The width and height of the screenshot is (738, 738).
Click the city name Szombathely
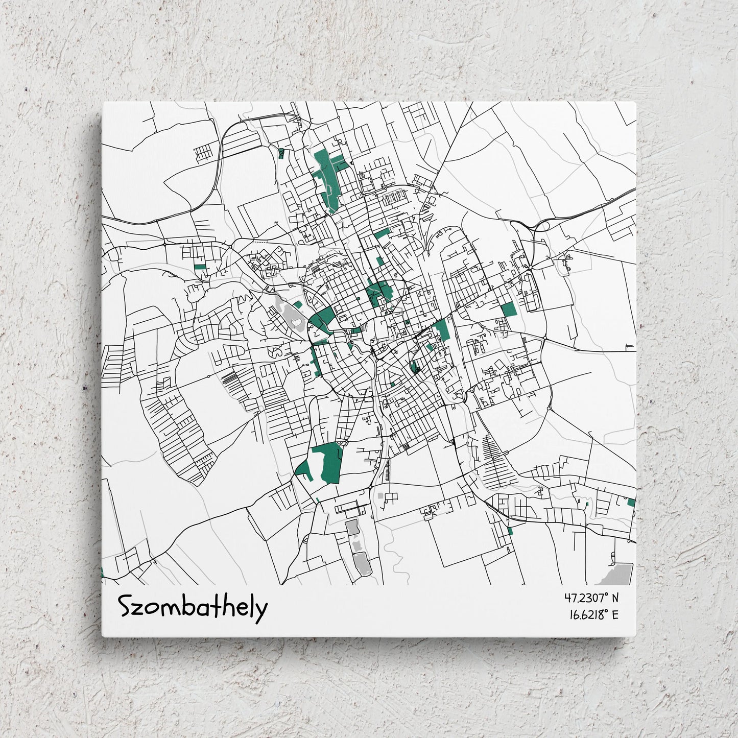(193, 607)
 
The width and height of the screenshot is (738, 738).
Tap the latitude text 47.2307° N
(591, 597)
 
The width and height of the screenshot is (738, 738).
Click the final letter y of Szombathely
(261, 610)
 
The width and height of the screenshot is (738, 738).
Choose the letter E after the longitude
(614, 614)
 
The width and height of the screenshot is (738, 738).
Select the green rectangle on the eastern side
(508, 310)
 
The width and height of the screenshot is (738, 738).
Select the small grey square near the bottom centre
(379, 495)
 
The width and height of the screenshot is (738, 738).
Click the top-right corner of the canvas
(635, 103)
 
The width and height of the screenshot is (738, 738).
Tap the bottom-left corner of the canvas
(103, 636)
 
